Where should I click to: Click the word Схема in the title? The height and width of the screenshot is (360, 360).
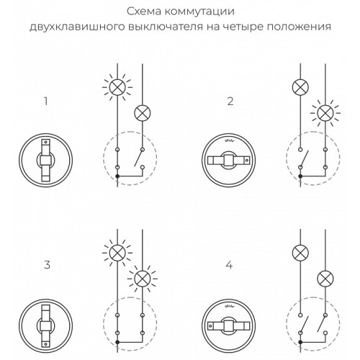[x=145, y=12]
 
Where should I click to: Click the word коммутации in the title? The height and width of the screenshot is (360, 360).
[x=199, y=12]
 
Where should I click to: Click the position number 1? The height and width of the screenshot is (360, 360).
[x=45, y=102]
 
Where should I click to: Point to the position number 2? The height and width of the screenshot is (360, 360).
[x=230, y=102]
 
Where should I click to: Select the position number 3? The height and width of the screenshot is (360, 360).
[x=48, y=265]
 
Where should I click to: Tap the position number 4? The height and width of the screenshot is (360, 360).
[x=230, y=265]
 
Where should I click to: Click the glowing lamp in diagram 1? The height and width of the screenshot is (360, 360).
[x=117, y=86]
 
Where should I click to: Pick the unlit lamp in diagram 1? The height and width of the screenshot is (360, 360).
[x=143, y=113]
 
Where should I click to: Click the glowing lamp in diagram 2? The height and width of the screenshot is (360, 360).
[x=325, y=113]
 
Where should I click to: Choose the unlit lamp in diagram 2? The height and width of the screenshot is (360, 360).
[x=300, y=87]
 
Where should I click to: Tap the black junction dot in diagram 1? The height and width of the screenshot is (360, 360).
[x=117, y=176]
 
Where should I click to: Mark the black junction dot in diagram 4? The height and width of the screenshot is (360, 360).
[x=300, y=342]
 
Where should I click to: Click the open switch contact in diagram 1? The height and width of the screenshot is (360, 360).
[x=138, y=158]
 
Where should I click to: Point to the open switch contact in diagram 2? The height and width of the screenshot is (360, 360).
[x=304, y=158]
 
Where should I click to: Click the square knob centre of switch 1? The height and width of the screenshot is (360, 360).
[x=45, y=160]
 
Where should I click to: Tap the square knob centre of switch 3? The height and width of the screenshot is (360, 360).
[x=45, y=325]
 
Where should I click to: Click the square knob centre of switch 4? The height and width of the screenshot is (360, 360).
[x=229, y=325]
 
